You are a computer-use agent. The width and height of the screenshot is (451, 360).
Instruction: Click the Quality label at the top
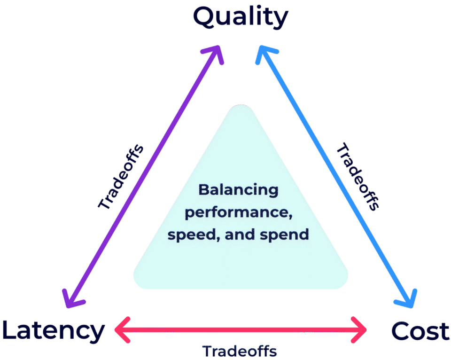[x=241, y=17]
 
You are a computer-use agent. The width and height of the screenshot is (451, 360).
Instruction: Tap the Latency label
[x=54, y=331]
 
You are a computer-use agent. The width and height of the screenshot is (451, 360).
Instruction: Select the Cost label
[x=420, y=331]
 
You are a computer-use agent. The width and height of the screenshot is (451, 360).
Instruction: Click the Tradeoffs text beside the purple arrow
[x=121, y=177]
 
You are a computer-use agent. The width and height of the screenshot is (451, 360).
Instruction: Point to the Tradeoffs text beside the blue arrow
[x=358, y=176]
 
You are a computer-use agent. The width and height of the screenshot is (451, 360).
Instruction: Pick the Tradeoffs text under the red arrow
[x=240, y=351]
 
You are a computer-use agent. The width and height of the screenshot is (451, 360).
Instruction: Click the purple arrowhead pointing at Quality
[x=215, y=54]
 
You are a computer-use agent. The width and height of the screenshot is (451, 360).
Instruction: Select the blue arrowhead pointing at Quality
[x=264, y=54]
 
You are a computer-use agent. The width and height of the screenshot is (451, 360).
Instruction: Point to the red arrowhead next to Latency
[x=122, y=330]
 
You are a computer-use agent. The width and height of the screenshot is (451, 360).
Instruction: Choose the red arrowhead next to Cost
[x=359, y=330]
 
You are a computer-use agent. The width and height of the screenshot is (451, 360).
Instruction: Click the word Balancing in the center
[x=239, y=190]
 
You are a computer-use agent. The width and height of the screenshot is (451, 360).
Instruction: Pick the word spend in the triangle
[x=284, y=235]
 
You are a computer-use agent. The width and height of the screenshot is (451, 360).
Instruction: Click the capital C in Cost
[x=402, y=331]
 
